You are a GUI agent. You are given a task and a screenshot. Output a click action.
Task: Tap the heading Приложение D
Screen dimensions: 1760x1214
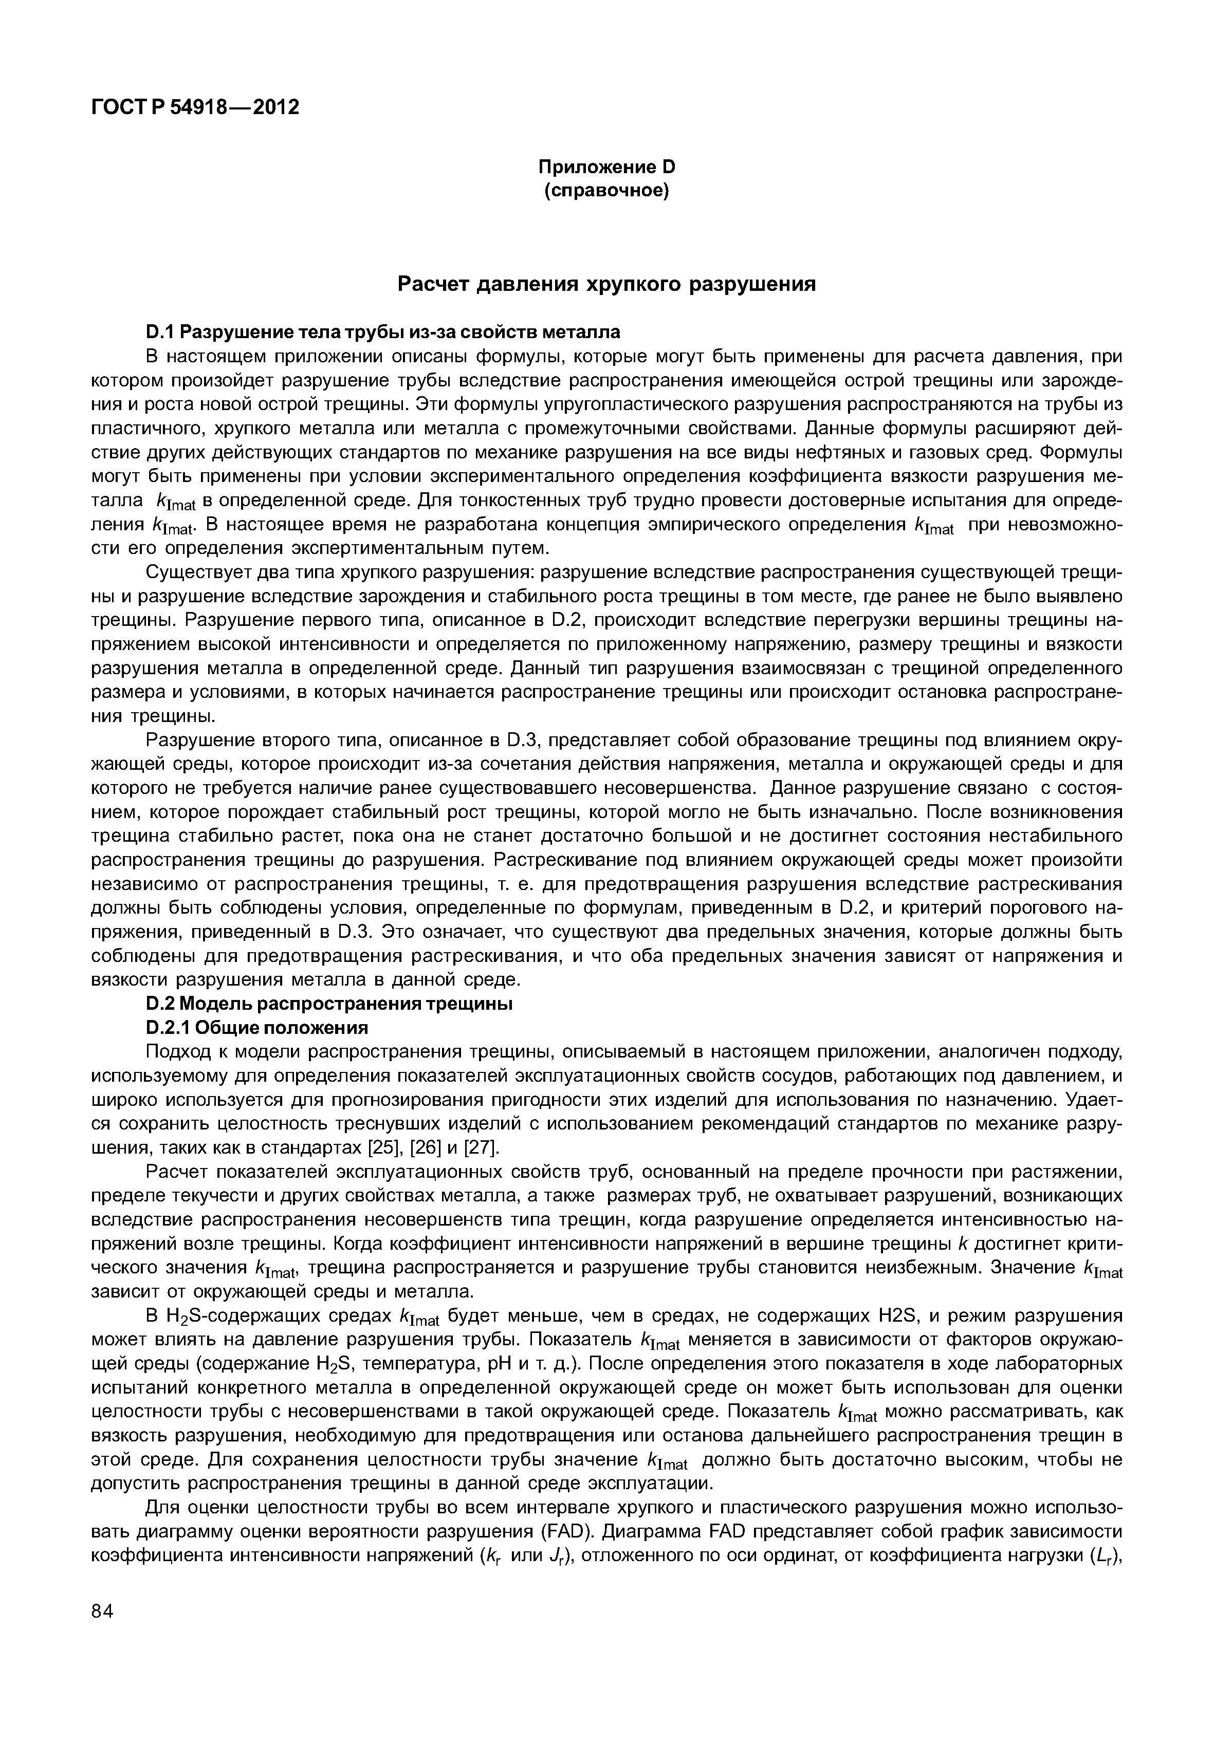pyautogui.click(x=606, y=166)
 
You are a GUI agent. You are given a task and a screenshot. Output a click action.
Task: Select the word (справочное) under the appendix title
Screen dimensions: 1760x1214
pyautogui.click(x=606, y=191)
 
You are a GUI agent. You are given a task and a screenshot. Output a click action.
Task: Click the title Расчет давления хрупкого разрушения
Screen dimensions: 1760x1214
pyautogui.click(x=607, y=285)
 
